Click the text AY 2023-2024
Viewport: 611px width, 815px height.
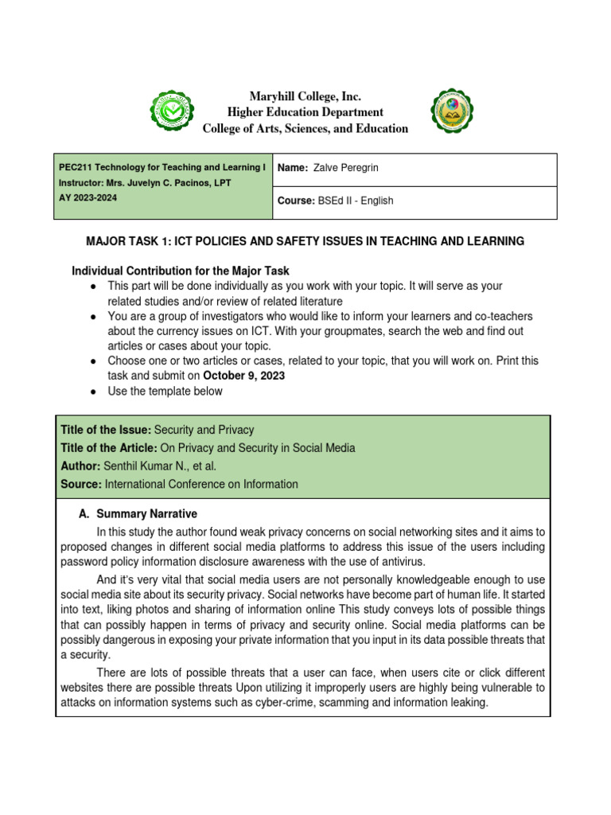pyautogui.click(x=88, y=198)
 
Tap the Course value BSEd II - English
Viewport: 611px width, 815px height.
pyautogui.click(x=356, y=201)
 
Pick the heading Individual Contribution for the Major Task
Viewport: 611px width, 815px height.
pyautogui.click(x=187, y=271)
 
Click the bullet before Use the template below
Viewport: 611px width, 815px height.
pyautogui.click(x=95, y=392)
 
